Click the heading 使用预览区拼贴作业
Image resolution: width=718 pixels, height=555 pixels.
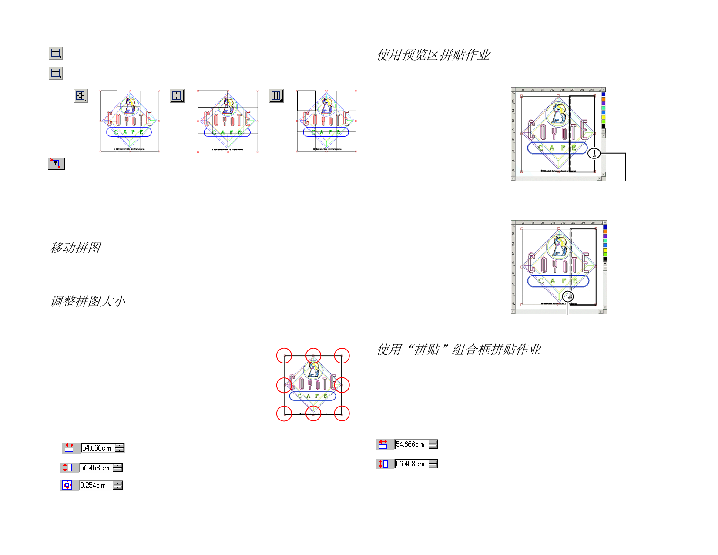[433, 55]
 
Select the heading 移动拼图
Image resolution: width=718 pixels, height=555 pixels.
[75, 248]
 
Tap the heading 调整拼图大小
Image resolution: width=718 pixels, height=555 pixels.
[88, 301]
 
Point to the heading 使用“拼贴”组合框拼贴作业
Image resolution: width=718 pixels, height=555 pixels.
[459, 350]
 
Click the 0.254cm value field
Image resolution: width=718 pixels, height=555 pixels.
[96, 485]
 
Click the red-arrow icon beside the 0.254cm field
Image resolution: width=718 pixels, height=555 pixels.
[67, 485]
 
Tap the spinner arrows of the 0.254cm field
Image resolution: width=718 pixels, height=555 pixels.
[118, 485]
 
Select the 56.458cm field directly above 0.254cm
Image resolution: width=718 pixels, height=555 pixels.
[96, 468]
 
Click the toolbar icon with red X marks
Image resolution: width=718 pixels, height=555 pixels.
[56, 164]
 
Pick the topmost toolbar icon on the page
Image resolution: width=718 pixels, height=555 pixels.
[56, 53]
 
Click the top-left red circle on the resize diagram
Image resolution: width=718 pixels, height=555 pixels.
[284, 356]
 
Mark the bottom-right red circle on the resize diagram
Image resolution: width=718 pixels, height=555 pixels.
[342, 413]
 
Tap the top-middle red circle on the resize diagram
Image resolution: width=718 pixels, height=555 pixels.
[313, 356]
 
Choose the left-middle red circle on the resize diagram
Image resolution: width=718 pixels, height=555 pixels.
[284, 385]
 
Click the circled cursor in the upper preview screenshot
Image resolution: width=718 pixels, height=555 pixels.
[594, 153]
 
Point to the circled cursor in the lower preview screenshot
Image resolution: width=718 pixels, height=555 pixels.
[567, 296]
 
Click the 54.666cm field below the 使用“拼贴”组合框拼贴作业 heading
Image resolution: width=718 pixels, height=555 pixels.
[411, 444]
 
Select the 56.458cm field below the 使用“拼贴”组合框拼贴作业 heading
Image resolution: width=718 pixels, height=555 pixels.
[411, 464]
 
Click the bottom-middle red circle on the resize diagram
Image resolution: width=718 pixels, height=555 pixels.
[313, 413]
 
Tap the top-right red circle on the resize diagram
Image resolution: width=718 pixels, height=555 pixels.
[342, 356]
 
